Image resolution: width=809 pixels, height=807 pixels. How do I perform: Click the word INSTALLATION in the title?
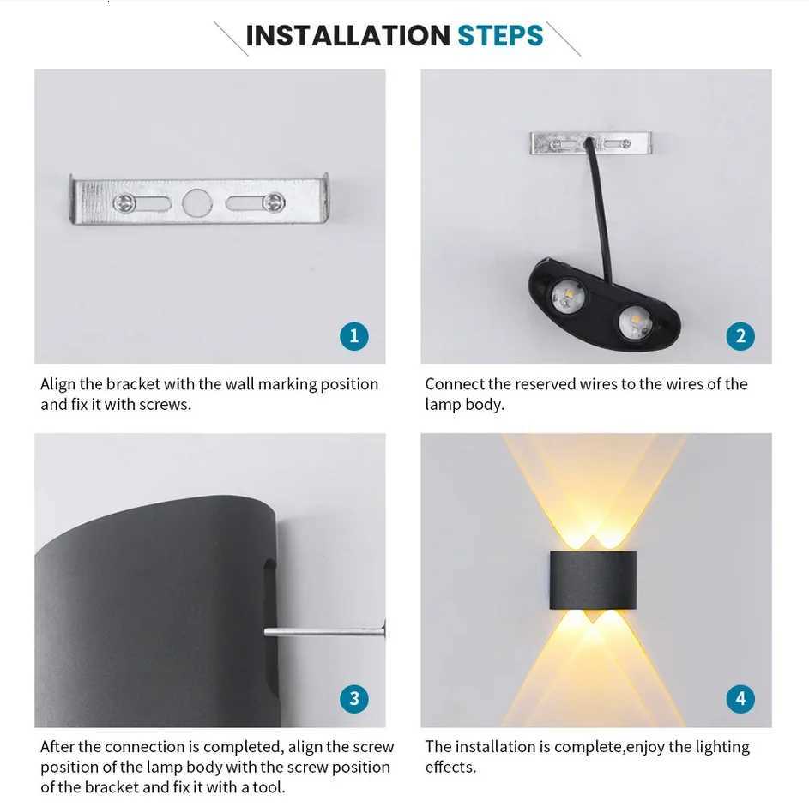[x=347, y=36]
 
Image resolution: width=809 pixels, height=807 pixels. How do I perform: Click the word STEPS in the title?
[x=500, y=36]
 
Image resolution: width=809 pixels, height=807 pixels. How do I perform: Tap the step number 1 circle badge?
[x=353, y=335]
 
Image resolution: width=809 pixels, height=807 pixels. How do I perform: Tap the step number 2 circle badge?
[x=740, y=335]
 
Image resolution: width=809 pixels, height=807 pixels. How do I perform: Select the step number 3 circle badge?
[x=353, y=698]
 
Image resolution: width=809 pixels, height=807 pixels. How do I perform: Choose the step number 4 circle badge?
[x=740, y=698]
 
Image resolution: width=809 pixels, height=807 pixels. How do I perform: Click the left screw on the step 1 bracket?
[x=124, y=203]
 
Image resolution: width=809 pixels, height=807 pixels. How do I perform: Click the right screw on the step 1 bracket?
[x=274, y=202]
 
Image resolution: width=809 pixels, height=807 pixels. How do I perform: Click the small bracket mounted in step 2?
[x=591, y=142]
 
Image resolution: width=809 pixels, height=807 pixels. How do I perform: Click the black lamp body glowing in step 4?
[x=594, y=581]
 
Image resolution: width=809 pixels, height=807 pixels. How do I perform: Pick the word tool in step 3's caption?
[x=265, y=786]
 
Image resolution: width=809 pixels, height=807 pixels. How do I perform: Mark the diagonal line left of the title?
[x=230, y=39]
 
